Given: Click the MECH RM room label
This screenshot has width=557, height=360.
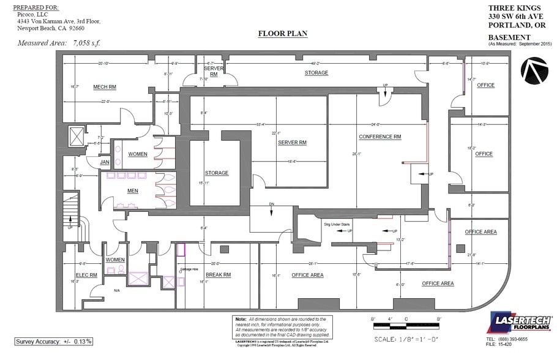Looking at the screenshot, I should click(x=105, y=87).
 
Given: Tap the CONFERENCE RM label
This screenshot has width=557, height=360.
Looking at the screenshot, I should click(x=379, y=136).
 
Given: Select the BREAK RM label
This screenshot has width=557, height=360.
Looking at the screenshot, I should click(x=218, y=275).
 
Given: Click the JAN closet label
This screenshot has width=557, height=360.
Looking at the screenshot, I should click(x=105, y=162).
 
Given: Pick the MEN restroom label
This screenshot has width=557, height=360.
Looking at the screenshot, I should click(x=132, y=191).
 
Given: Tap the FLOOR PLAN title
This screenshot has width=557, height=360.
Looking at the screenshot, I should click(x=282, y=34).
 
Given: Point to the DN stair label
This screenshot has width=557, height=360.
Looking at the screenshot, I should click(x=271, y=204).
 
